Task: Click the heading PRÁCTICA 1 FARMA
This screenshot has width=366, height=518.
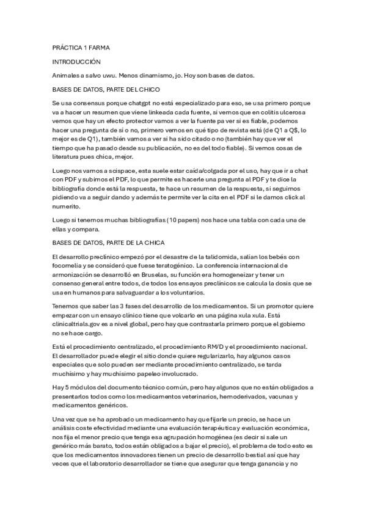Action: pyautogui.click(x=81, y=47)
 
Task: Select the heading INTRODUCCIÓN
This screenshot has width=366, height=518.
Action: pyautogui.click(x=76, y=62)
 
